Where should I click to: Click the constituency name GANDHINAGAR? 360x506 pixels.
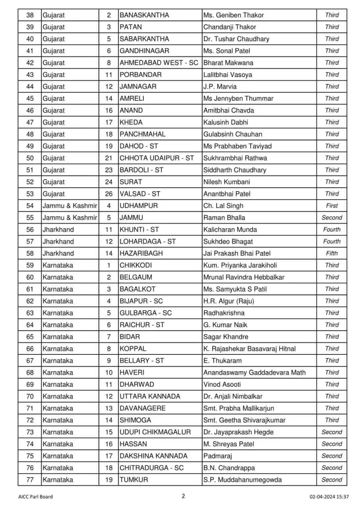[x=145, y=51]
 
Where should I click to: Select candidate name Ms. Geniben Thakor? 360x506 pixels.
[x=235, y=15]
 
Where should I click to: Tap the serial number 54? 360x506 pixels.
[x=30, y=206]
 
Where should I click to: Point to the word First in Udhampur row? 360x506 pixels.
[x=332, y=206]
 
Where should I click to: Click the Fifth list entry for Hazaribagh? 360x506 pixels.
[x=332, y=253]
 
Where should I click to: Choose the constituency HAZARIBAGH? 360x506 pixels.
[x=143, y=253]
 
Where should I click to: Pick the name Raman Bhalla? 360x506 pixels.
[x=224, y=217]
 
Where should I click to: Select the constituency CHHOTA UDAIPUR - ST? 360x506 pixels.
[x=157, y=158]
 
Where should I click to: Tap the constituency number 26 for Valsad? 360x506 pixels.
[x=108, y=194]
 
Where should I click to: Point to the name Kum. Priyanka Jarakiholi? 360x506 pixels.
[x=239, y=265]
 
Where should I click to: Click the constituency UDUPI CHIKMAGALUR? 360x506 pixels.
[x=155, y=432]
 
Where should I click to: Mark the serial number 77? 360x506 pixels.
[x=30, y=479]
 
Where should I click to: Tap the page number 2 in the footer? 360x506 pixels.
[x=183, y=496]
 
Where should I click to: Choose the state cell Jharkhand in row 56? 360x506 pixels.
[x=58, y=229]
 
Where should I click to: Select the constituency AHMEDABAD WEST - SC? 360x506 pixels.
[x=159, y=63]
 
